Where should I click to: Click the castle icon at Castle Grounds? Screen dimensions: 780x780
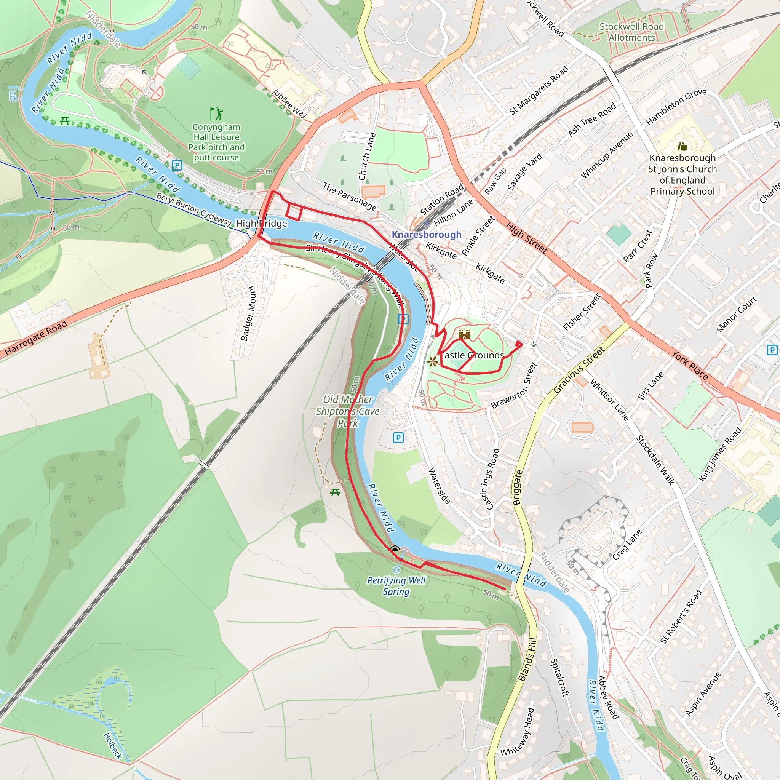point(464,334)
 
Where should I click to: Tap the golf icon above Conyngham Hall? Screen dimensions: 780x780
point(216,113)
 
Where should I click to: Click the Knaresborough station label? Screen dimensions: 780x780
point(426,235)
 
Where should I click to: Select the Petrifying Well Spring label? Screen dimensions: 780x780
point(396,586)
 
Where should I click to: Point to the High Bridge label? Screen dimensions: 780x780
point(262,223)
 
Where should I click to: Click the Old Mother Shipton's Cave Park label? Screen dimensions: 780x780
point(348,411)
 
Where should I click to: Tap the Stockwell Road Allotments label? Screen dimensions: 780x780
point(631,32)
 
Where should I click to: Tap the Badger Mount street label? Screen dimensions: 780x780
point(248,313)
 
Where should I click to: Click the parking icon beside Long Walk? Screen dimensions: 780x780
point(403,319)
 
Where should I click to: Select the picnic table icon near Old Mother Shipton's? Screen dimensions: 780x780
point(335,492)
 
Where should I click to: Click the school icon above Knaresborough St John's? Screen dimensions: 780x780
point(682,146)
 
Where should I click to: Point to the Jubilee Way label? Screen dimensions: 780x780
point(289,103)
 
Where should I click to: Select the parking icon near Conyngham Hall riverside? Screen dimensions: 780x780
point(177,165)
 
